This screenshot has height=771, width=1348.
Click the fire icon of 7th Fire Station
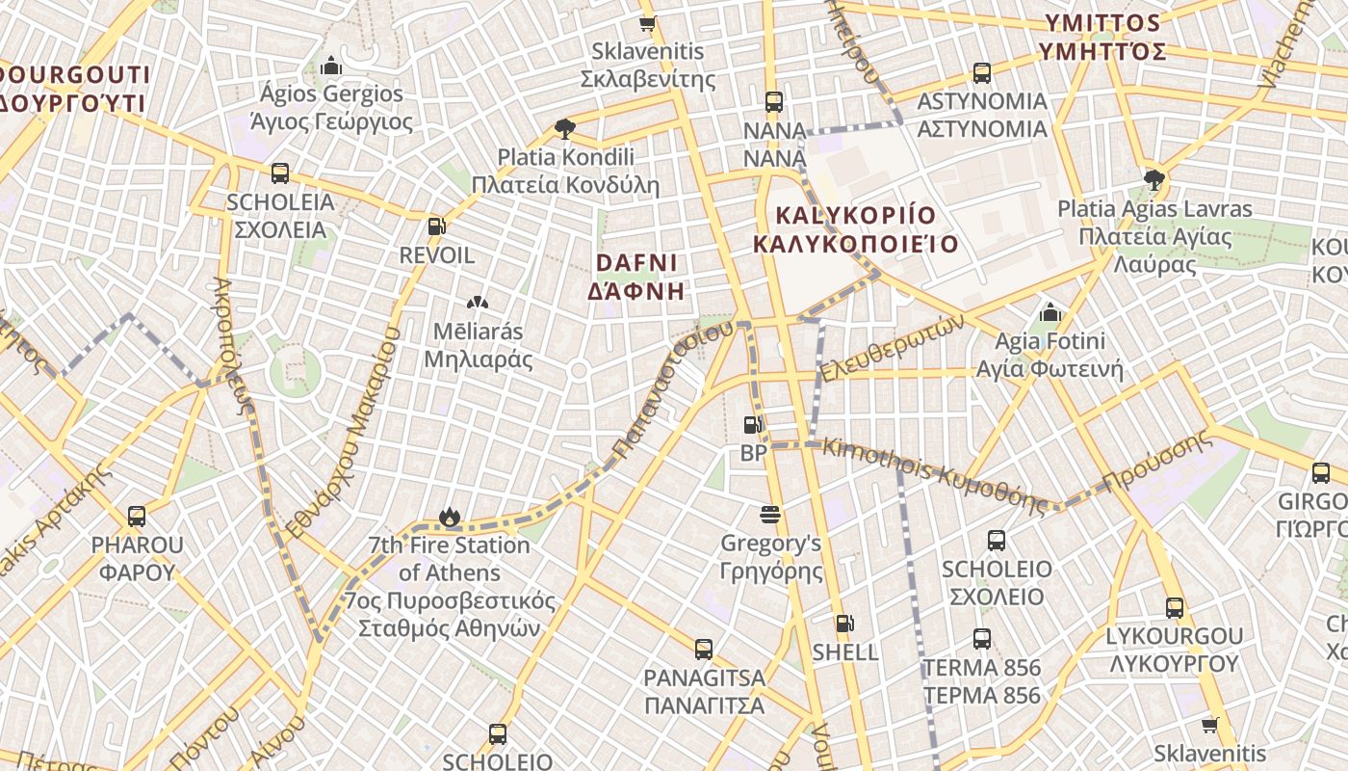tap(449, 518)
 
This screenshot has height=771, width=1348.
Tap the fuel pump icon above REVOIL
tap(436, 226)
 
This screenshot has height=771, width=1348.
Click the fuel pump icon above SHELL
tap(843, 625)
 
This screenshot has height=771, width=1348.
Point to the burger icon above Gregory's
tap(769, 514)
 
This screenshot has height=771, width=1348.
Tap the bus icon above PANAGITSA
tap(704, 649)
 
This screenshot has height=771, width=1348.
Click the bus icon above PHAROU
tap(137, 517)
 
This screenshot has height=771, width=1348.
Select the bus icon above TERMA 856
tap(981, 639)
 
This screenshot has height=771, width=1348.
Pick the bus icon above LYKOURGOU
tap(1174, 608)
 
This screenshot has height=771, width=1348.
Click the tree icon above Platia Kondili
tap(565, 128)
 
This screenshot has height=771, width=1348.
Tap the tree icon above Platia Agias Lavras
tap(1154, 179)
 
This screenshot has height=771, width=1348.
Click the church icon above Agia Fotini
tap(1050, 312)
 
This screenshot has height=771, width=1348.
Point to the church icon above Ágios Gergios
tap(331, 65)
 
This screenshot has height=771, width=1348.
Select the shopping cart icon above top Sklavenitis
tap(648, 23)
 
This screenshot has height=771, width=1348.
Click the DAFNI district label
tap(636, 277)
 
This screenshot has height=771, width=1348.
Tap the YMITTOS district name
tap(1102, 37)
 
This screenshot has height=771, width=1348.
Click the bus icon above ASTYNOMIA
tap(982, 72)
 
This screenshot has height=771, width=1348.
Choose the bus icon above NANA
tap(774, 101)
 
